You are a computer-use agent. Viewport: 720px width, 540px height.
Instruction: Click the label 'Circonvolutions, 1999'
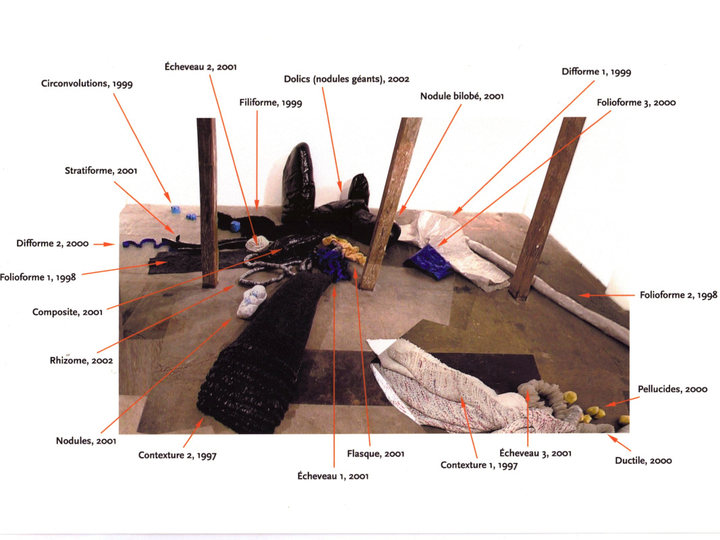pyautogui.click(x=87, y=84)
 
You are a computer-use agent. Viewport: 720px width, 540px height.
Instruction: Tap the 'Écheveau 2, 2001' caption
pyautogui.click(x=200, y=67)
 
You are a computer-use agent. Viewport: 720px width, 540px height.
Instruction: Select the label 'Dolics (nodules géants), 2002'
pyautogui.click(x=346, y=79)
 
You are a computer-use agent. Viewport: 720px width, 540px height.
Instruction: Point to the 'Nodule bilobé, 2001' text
pyautogui.click(x=462, y=96)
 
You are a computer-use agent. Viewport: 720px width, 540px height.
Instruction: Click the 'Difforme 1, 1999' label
pyautogui.click(x=597, y=72)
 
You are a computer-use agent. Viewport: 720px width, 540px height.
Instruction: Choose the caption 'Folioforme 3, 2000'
pyautogui.click(x=636, y=103)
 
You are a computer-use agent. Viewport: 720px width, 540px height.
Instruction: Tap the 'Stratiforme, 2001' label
pyautogui.click(x=101, y=171)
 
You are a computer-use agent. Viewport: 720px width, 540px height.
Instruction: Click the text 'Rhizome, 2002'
pyautogui.click(x=81, y=360)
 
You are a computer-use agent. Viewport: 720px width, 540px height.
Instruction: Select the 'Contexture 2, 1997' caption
pyautogui.click(x=177, y=455)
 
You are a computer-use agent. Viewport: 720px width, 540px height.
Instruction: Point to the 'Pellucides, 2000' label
pyautogui.click(x=672, y=389)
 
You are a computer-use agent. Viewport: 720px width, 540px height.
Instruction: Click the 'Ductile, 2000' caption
pyautogui.click(x=643, y=460)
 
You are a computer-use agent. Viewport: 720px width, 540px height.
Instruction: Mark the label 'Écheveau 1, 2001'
pyautogui.click(x=333, y=476)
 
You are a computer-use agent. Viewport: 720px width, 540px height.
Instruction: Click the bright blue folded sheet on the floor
pyautogui.click(x=428, y=262)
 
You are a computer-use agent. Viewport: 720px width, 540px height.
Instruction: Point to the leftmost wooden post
pyautogui.click(x=208, y=202)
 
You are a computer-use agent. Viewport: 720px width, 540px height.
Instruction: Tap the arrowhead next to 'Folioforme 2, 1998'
pyautogui.click(x=583, y=295)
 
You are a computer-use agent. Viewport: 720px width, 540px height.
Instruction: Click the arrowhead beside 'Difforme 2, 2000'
pyautogui.click(x=109, y=244)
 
